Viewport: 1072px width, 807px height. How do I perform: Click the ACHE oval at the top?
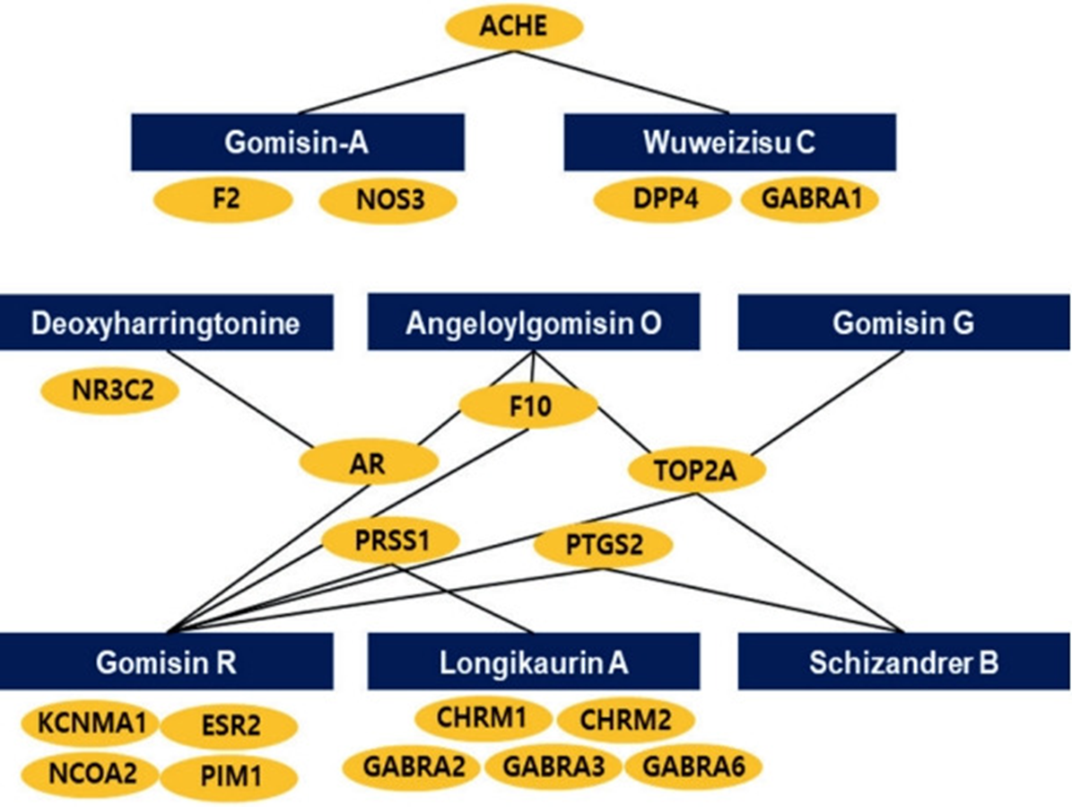click(x=514, y=27)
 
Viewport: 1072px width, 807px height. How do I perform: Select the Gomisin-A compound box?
click(x=298, y=142)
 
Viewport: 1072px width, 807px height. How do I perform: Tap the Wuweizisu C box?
click(x=729, y=142)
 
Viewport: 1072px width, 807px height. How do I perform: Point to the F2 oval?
click(x=223, y=199)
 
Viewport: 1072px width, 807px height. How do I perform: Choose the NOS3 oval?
click(x=389, y=201)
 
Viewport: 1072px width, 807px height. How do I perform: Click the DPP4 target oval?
click(x=662, y=199)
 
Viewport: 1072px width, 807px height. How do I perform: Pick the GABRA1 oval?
click(x=810, y=199)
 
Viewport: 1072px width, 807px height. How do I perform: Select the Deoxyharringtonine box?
click(x=166, y=322)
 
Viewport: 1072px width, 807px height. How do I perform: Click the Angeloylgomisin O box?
click(x=533, y=322)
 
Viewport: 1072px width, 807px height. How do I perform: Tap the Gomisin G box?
click(x=904, y=322)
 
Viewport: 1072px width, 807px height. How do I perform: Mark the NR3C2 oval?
click(x=110, y=391)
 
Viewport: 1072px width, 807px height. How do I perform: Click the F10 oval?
click(x=528, y=407)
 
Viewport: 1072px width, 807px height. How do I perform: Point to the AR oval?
click(x=369, y=464)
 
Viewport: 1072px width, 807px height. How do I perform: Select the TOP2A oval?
click(x=696, y=470)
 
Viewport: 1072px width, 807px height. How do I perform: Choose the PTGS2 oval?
click(x=603, y=546)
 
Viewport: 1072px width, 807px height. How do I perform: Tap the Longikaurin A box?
click(x=533, y=662)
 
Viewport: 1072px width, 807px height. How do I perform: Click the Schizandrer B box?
click(x=904, y=662)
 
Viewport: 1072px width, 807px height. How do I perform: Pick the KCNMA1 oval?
click(x=91, y=723)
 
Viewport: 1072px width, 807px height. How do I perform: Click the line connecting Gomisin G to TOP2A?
click(x=828, y=402)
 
